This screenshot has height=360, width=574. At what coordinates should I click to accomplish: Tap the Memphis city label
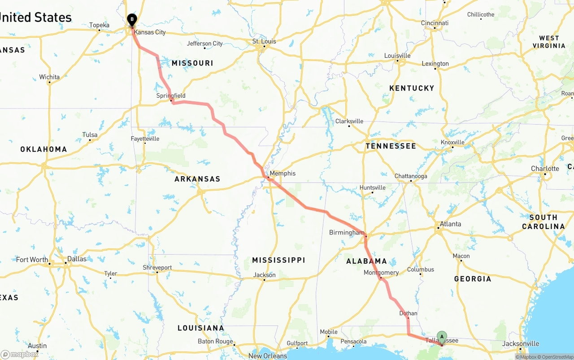pyautogui.click(x=283, y=173)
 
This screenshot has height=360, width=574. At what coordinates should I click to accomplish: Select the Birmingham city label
pyautogui.click(x=347, y=233)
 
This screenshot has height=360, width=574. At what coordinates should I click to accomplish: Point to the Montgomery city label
pyautogui.click(x=381, y=273)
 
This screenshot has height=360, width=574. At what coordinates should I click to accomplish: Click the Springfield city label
pyautogui.click(x=171, y=95)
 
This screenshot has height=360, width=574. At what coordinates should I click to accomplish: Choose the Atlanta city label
pyautogui.click(x=450, y=224)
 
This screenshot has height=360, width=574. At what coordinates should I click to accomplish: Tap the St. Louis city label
pyautogui.click(x=264, y=41)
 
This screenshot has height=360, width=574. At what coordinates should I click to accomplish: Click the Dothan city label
pyautogui.click(x=408, y=313)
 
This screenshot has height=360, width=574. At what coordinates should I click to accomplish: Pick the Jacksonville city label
pyautogui.click(x=521, y=343)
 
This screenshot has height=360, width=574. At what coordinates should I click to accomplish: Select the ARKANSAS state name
pyautogui.click(x=197, y=179)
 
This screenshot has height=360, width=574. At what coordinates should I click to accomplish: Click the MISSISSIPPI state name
pyautogui.click(x=278, y=260)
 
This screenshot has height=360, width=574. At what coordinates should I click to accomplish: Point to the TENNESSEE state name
pyautogui.click(x=391, y=146)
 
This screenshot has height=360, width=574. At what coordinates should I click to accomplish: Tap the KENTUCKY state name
pyautogui.click(x=412, y=88)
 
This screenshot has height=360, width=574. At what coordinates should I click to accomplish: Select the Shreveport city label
pyautogui.click(x=157, y=268)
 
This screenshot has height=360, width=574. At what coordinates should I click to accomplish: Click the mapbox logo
pyautogui.click(x=20, y=354)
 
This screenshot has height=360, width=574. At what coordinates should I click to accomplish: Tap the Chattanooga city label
pyautogui.click(x=411, y=176)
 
